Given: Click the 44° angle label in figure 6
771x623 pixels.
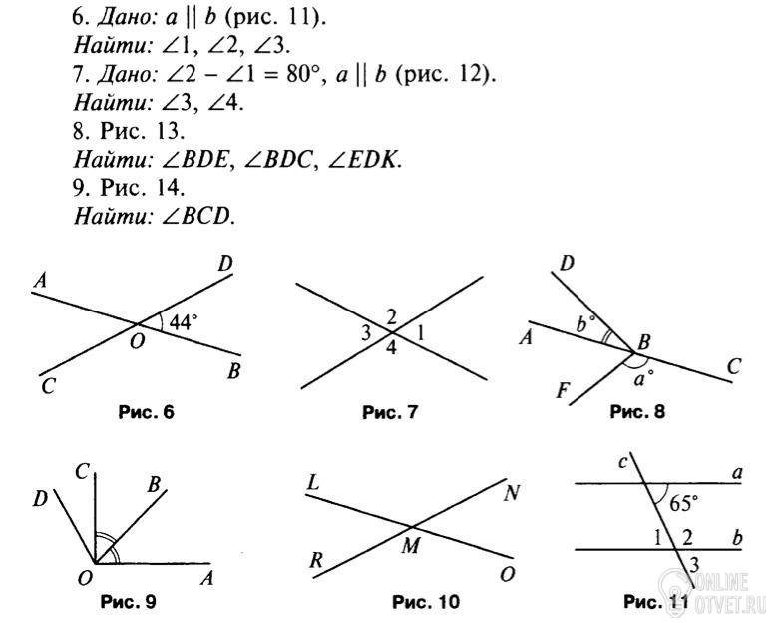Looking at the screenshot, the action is [183, 322].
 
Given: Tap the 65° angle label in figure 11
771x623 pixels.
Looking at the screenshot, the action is [683, 503].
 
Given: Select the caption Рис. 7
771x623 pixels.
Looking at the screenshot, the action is [389, 412].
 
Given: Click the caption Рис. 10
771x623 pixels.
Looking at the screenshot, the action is [426, 601].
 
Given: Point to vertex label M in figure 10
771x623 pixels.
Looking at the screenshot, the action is [411, 545].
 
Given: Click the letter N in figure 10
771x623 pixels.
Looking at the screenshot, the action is [512, 493].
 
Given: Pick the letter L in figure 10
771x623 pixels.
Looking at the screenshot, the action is [313, 483].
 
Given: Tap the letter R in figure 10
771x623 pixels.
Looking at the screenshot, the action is [316, 560].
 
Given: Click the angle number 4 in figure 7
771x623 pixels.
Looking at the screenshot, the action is [391, 347].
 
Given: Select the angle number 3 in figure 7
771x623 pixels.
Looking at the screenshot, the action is [365, 333].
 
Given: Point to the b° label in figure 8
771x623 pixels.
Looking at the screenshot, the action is [585, 324].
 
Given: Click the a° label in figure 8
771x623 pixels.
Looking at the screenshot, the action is [644, 379].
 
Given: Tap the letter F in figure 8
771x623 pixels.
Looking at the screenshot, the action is [563, 391].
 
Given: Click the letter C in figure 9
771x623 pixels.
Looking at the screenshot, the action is [82, 472].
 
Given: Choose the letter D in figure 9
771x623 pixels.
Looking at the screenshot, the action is [40, 499].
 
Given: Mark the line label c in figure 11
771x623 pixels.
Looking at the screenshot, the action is [623, 462].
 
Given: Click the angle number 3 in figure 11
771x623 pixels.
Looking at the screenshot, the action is [694, 564].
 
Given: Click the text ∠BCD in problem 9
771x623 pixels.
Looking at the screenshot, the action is [196, 216].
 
